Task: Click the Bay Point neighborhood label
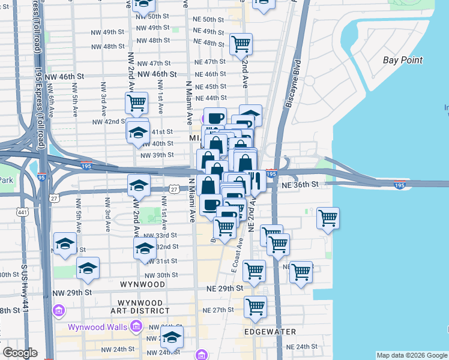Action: (403, 60)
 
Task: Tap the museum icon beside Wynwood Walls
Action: (136, 326)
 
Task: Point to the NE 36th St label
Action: (295, 185)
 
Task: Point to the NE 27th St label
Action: (218, 310)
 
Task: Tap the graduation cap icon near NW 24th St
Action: (172, 337)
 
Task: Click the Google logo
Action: (20, 353)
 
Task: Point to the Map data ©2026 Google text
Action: (412, 355)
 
